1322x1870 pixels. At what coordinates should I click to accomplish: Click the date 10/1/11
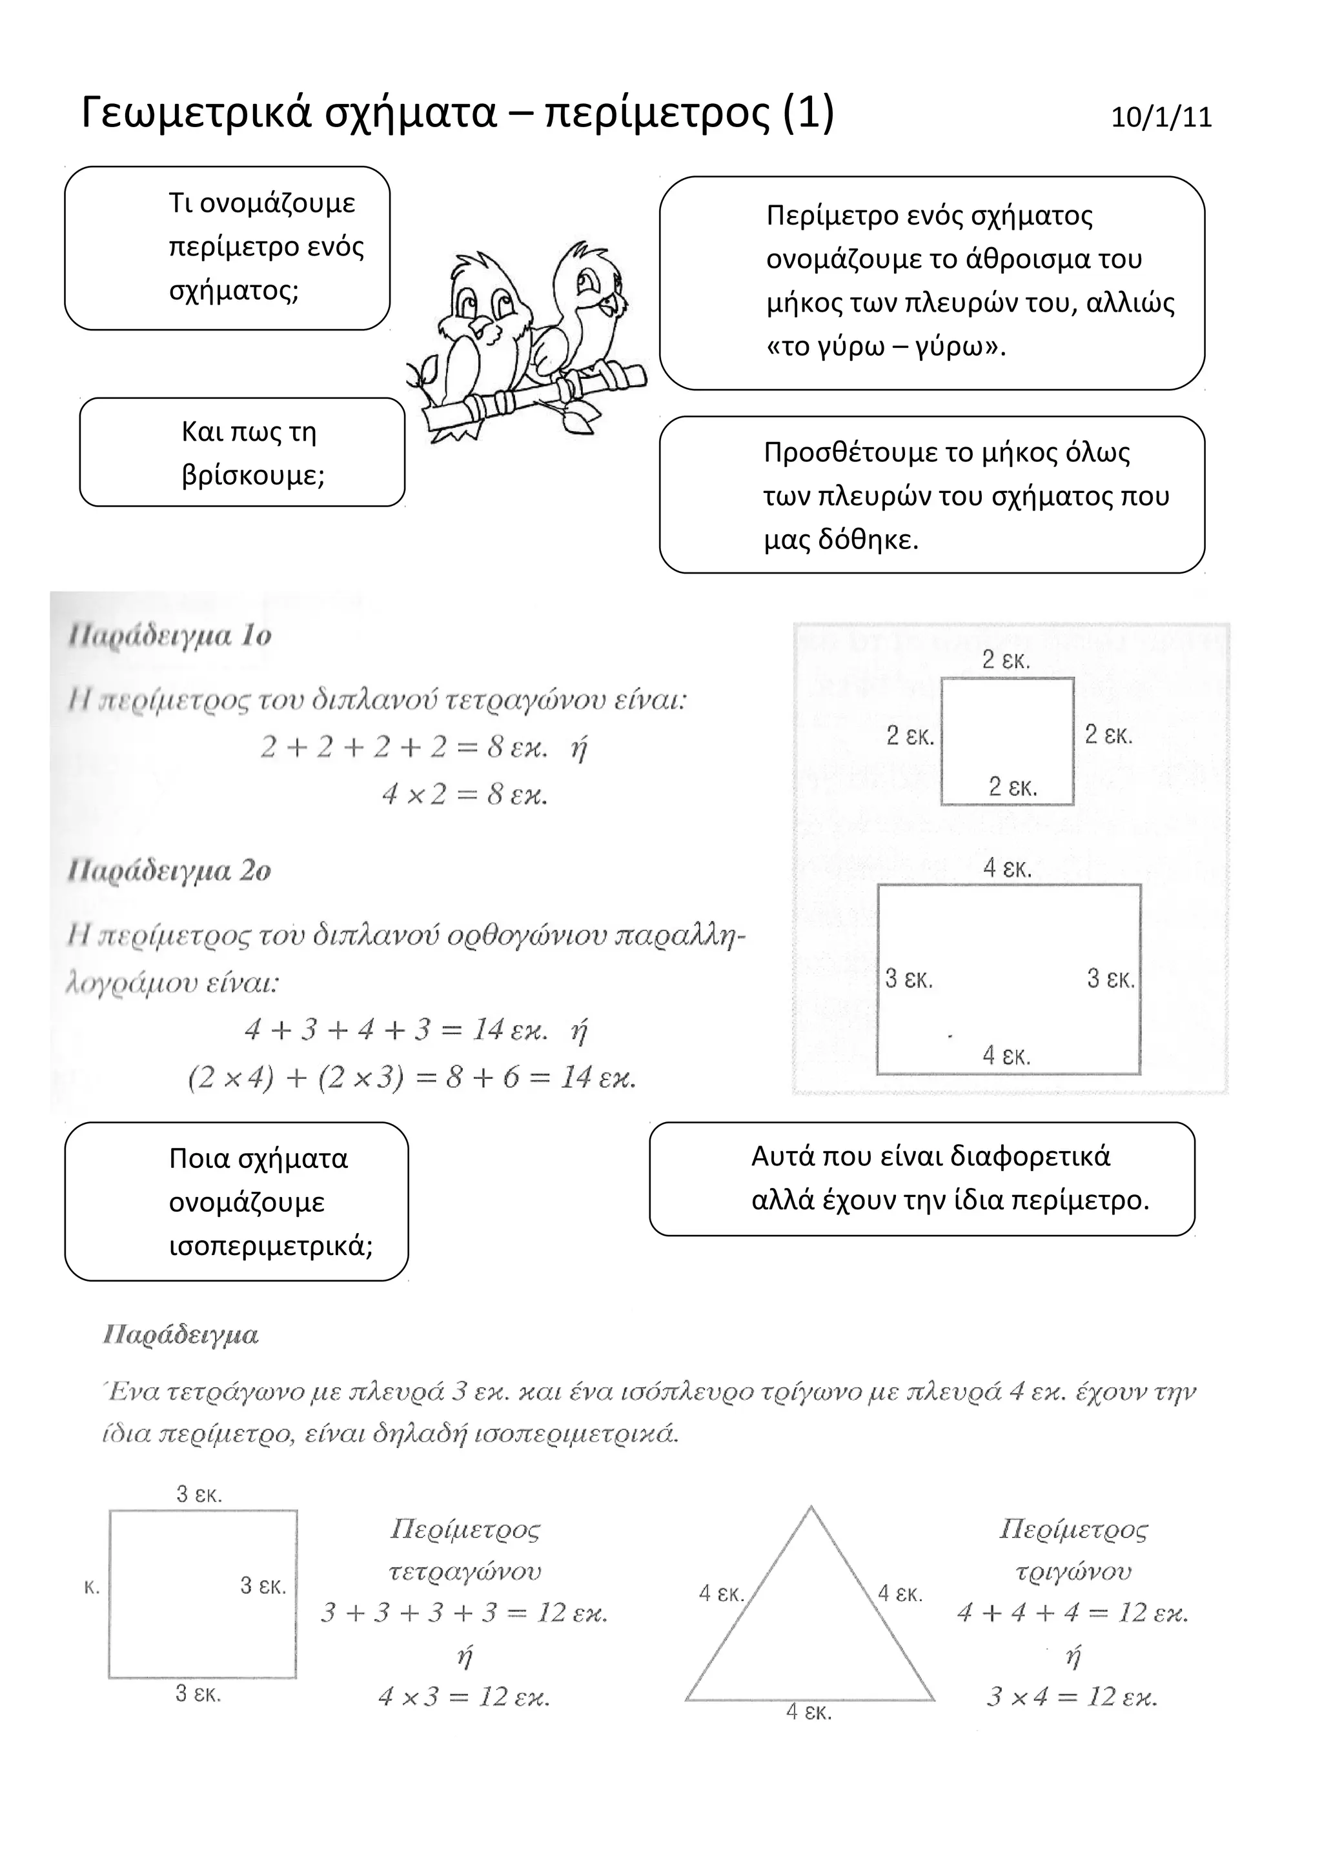(1161, 118)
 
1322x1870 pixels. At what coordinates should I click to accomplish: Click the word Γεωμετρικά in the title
(196, 112)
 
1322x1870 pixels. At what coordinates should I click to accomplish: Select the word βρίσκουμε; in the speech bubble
(253, 476)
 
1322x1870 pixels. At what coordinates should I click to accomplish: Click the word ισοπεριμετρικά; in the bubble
(270, 1246)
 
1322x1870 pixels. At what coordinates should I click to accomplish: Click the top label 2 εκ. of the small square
(1006, 659)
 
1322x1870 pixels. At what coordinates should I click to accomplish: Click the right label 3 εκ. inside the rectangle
(1110, 978)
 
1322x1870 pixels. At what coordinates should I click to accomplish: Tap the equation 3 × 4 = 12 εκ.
(1072, 1697)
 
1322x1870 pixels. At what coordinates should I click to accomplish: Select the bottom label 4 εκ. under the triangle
(809, 1712)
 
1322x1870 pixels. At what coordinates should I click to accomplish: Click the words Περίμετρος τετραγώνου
(465, 1551)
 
